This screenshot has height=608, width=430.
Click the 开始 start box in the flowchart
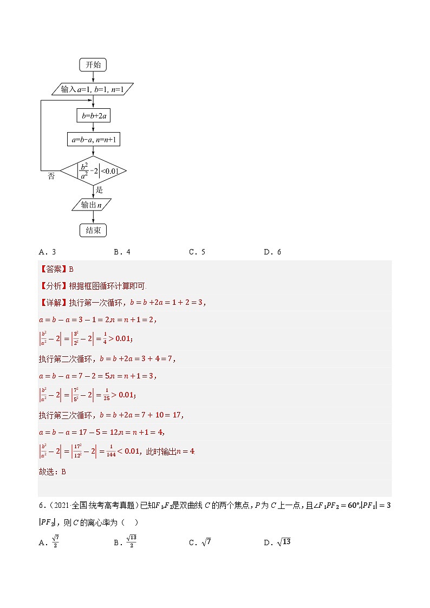pyautogui.click(x=93, y=65)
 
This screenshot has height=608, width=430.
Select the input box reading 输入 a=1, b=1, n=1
pyautogui.click(x=94, y=90)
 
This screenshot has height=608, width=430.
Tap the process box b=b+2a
pyautogui.click(x=94, y=115)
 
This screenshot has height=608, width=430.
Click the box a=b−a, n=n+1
pyautogui.click(x=94, y=140)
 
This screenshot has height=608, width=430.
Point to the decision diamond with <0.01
pyautogui.click(x=93, y=171)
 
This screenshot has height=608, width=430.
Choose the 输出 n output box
pyautogui.click(x=91, y=205)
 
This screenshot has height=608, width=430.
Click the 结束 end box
pyautogui.click(x=93, y=231)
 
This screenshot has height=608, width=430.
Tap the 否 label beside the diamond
pyautogui.click(x=51, y=176)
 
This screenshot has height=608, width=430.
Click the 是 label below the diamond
pyautogui.click(x=99, y=190)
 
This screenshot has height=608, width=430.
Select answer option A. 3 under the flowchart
pyautogui.click(x=48, y=252)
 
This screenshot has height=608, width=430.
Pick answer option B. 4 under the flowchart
pyautogui.click(x=122, y=252)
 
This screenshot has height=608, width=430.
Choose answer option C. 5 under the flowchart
pyautogui.click(x=197, y=252)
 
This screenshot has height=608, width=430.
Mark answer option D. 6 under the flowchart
pyautogui.click(x=272, y=252)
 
